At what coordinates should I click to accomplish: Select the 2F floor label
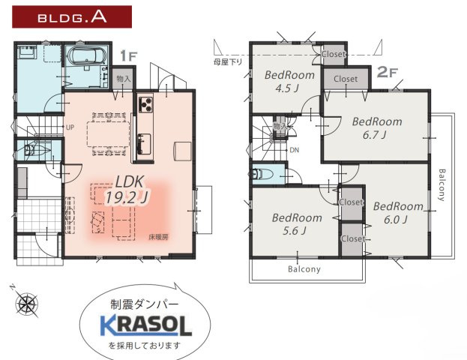tap(385, 72)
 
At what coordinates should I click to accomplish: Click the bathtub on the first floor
tap(84, 57)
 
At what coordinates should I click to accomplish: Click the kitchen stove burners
tap(145, 103)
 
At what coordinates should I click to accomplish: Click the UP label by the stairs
tap(70, 127)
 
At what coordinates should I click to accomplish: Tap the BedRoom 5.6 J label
tap(297, 224)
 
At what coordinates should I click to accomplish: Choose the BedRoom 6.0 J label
tap(398, 213)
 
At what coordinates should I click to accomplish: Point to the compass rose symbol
tap(27, 304)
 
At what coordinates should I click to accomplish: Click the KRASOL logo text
tap(146, 324)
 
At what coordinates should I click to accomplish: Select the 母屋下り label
tap(228, 61)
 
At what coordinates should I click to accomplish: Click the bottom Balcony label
tap(304, 268)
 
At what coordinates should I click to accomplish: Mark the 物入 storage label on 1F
tap(124, 78)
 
